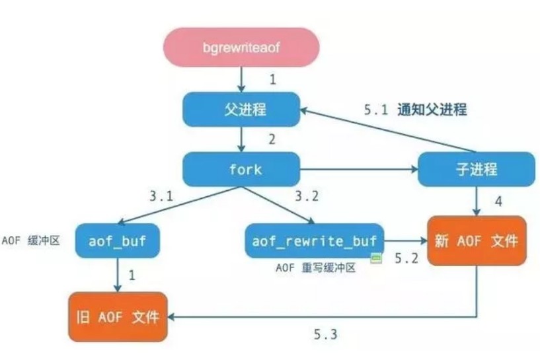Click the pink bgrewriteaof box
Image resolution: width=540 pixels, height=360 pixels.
[241, 48]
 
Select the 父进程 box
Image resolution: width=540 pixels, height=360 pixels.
[241, 109]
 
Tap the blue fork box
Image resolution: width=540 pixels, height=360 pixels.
[241, 169]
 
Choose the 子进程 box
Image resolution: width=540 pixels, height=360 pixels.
[476, 169]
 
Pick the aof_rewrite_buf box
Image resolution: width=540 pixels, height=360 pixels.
[315, 241]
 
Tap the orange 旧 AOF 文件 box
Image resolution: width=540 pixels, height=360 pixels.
[118, 316]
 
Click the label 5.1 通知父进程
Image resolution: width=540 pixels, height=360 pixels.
[415, 110]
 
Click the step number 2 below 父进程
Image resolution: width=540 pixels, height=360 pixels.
[271, 140]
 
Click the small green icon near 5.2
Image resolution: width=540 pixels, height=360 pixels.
[375, 259]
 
